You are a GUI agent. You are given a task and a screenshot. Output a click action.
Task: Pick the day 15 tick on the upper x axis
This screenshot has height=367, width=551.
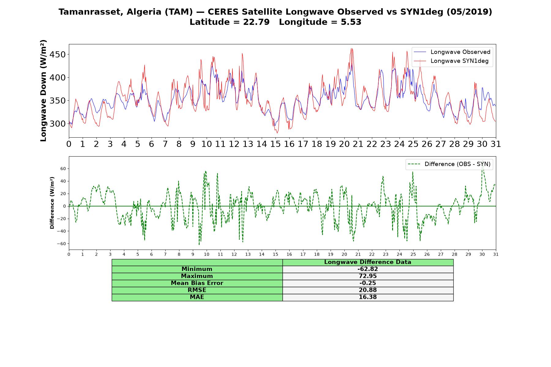coord(275,144)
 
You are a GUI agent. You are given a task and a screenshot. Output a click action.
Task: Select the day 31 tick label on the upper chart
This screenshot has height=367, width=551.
coord(496,144)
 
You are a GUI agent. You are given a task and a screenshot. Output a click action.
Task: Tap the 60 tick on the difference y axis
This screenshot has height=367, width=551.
coord(63,169)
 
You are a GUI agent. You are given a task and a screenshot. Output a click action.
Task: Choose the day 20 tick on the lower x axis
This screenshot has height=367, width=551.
coord(344,254)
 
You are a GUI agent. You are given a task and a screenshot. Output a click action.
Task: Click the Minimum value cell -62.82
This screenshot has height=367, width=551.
coord(368,269)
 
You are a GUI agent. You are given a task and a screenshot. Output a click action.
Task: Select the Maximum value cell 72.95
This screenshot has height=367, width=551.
coord(368,276)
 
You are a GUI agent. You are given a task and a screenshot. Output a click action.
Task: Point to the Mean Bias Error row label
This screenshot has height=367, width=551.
coord(197,283)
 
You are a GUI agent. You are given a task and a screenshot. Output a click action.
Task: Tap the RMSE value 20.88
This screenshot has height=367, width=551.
coord(368,290)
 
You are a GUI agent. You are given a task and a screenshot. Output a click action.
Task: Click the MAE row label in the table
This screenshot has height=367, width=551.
coord(197,297)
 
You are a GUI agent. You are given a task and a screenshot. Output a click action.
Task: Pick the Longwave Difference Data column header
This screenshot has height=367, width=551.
coord(368,262)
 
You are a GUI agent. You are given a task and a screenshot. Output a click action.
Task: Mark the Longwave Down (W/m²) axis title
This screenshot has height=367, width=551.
coord(43,91)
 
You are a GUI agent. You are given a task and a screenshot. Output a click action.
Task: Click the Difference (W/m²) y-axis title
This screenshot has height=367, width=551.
coord(52,203)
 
